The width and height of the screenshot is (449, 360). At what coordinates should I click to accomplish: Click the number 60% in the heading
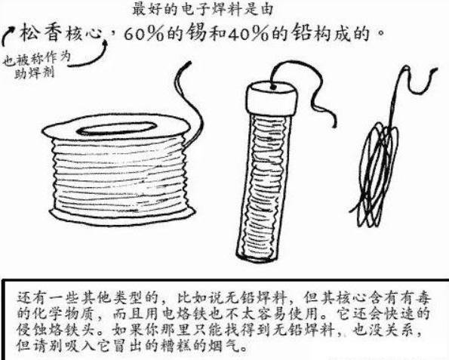pos(143,35)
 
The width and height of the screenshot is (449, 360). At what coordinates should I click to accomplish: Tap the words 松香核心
pos(60,34)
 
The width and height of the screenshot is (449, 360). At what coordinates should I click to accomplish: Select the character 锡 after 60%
pos(196,35)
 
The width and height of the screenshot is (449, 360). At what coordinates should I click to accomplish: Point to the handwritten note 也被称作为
pos(37,59)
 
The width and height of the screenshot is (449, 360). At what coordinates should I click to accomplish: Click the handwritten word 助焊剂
pos(35,73)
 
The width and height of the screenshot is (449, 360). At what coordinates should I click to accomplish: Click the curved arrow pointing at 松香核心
pos(90,57)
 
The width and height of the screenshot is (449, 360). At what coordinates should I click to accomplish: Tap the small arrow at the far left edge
pos(8,35)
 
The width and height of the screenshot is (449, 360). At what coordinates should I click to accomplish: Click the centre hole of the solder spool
pos(116,128)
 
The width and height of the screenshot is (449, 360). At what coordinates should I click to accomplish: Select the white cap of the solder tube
pos(272,97)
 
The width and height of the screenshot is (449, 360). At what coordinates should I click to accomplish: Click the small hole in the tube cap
pos(273,86)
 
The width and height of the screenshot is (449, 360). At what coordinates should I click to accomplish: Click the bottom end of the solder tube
pos(257,256)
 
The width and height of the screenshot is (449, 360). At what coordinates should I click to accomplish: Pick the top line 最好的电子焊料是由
pos(203,10)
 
